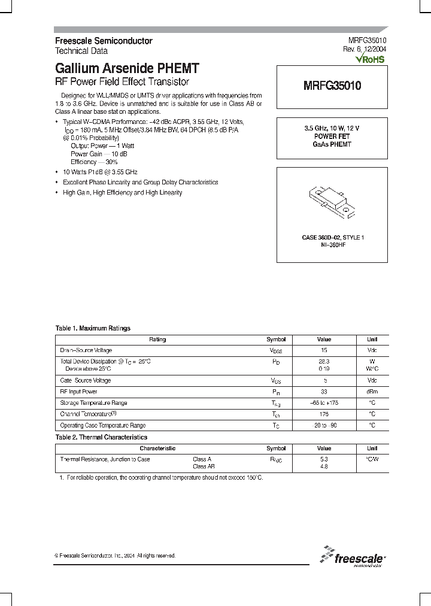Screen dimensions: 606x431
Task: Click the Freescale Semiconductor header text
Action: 104,41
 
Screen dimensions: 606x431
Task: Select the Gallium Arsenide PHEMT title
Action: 127,68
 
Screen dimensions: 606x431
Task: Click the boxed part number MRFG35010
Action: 332,86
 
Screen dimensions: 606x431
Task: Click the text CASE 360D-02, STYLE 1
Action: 332,238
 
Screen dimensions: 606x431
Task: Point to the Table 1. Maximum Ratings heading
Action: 93,328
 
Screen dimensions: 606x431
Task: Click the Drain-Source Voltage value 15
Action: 324,350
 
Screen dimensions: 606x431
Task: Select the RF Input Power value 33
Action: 324,392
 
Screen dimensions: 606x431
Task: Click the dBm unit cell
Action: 372,392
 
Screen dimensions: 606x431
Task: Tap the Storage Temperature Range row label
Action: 93,403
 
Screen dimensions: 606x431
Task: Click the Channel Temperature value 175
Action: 324,414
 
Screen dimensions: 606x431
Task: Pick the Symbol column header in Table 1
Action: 276,339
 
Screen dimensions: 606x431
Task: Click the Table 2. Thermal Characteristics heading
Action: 101,437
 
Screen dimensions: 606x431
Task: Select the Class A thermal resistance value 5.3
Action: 324,459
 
